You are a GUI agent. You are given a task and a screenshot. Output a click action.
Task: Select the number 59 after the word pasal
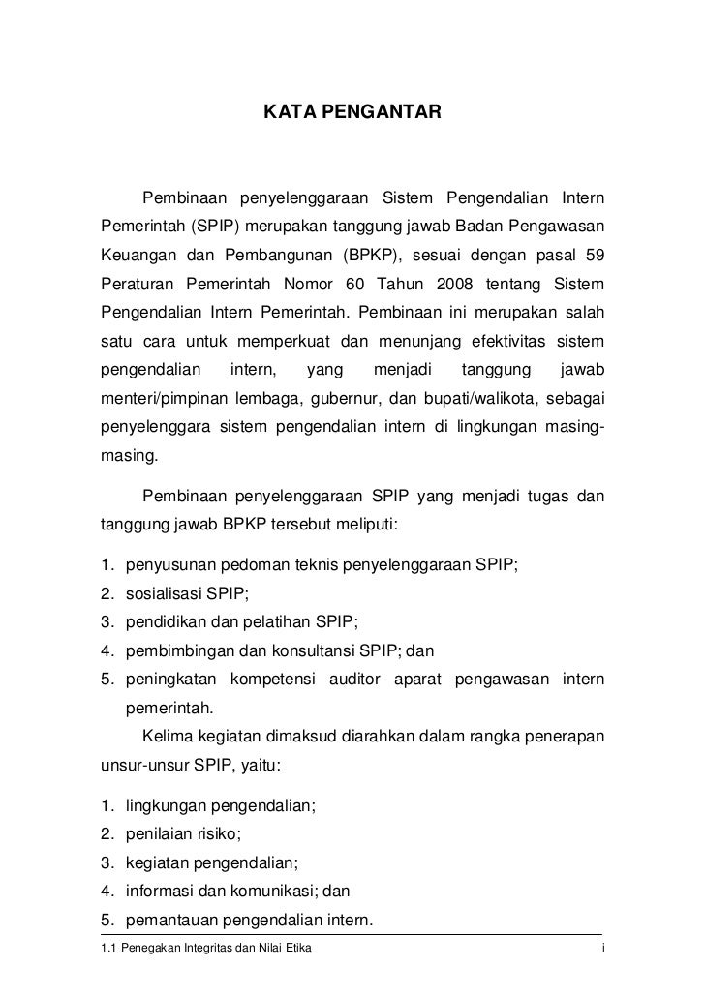(590, 256)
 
